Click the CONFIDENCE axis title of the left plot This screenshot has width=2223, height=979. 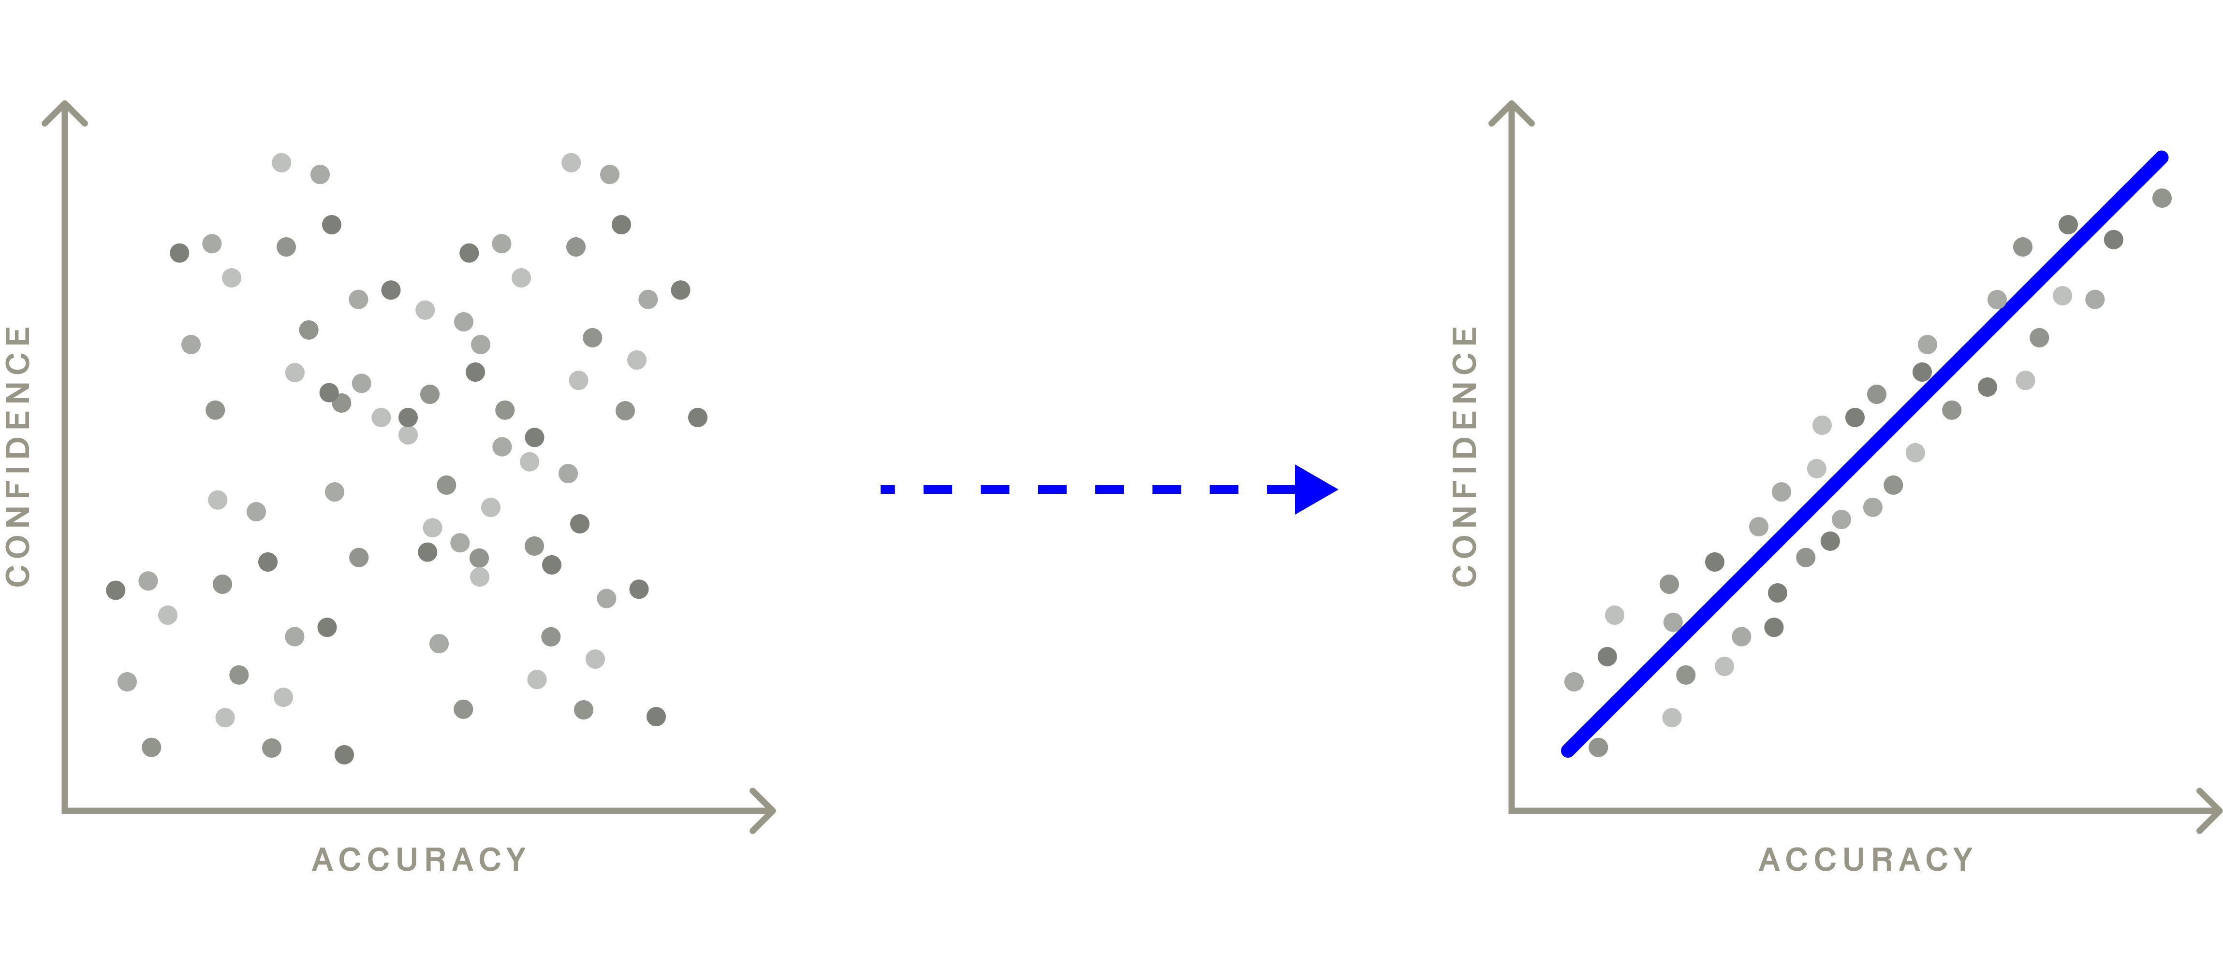click(x=18, y=455)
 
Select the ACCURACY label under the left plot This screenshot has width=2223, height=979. click(x=419, y=860)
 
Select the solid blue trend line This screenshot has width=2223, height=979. click(x=1864, y=453)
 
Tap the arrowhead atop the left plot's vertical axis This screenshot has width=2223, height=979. click(x=65, y=110)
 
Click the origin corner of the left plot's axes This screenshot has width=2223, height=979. click(x=65, y=811)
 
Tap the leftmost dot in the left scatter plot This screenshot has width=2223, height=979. click(x=116, y=590)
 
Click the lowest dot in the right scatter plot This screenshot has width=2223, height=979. click(x=1598, y=747)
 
